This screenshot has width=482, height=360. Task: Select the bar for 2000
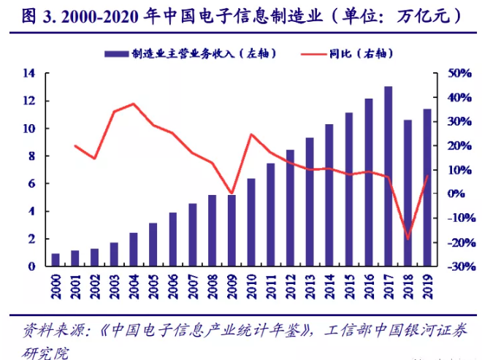(x=56, y=260)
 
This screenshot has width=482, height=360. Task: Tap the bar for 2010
(x=251, y=222)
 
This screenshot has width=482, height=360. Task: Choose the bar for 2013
(x=310, y=202)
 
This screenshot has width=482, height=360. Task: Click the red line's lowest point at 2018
(x=408, y=239)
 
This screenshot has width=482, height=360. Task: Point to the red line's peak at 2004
(x=134, y=104)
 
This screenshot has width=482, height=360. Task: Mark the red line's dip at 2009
(x=232, y=194)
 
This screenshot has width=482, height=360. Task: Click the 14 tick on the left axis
(x=29, y=73)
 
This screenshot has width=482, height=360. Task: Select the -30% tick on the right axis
(x=452, y=267)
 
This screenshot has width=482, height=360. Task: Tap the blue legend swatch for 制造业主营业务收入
(x=116, y=53)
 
